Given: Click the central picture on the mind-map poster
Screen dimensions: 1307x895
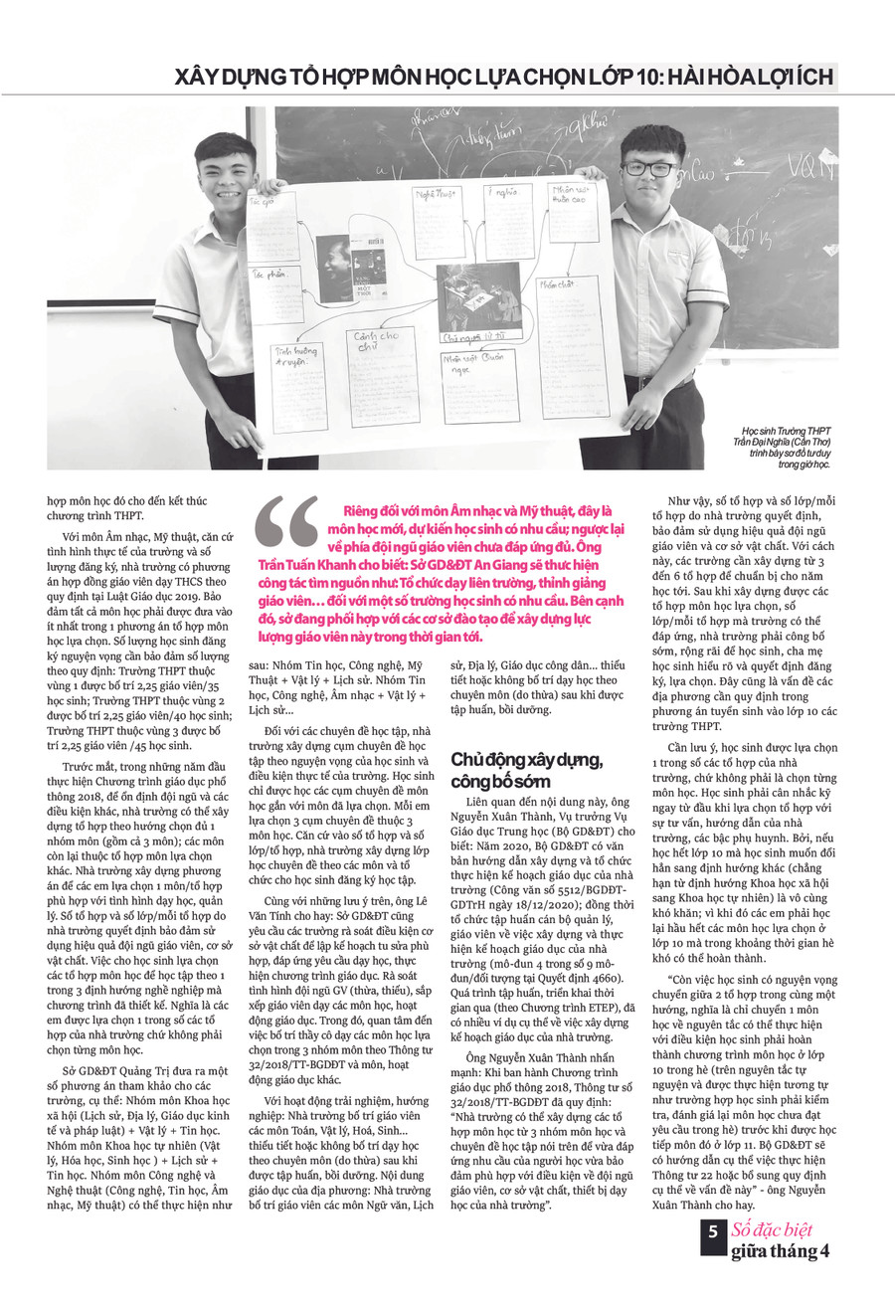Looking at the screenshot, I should click(x=478, y=297).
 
